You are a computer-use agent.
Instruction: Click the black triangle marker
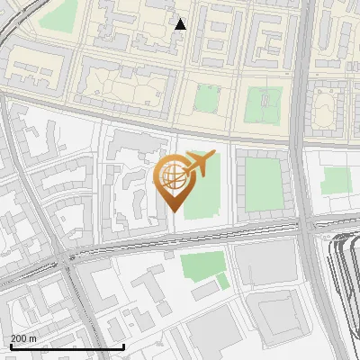(181, 24)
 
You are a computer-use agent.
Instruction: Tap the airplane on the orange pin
(198, 163)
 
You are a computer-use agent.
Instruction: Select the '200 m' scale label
(24, 337)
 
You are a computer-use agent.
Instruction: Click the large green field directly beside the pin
(205, 193)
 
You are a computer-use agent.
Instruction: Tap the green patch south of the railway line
(202, 265)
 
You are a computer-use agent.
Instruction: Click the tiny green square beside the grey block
(222, 282)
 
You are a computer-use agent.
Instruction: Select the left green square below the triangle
(207, 99)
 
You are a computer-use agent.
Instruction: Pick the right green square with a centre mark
(264, 104)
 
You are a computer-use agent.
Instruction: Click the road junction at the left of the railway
(70, 261)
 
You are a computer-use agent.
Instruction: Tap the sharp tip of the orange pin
(171, 212)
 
